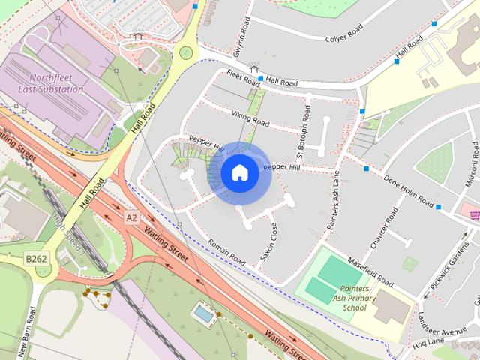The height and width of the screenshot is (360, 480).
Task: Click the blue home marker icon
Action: pyautogui.click(x=238, y=173)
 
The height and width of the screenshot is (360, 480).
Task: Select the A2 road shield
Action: pyautogui.click(x=131, y=217)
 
